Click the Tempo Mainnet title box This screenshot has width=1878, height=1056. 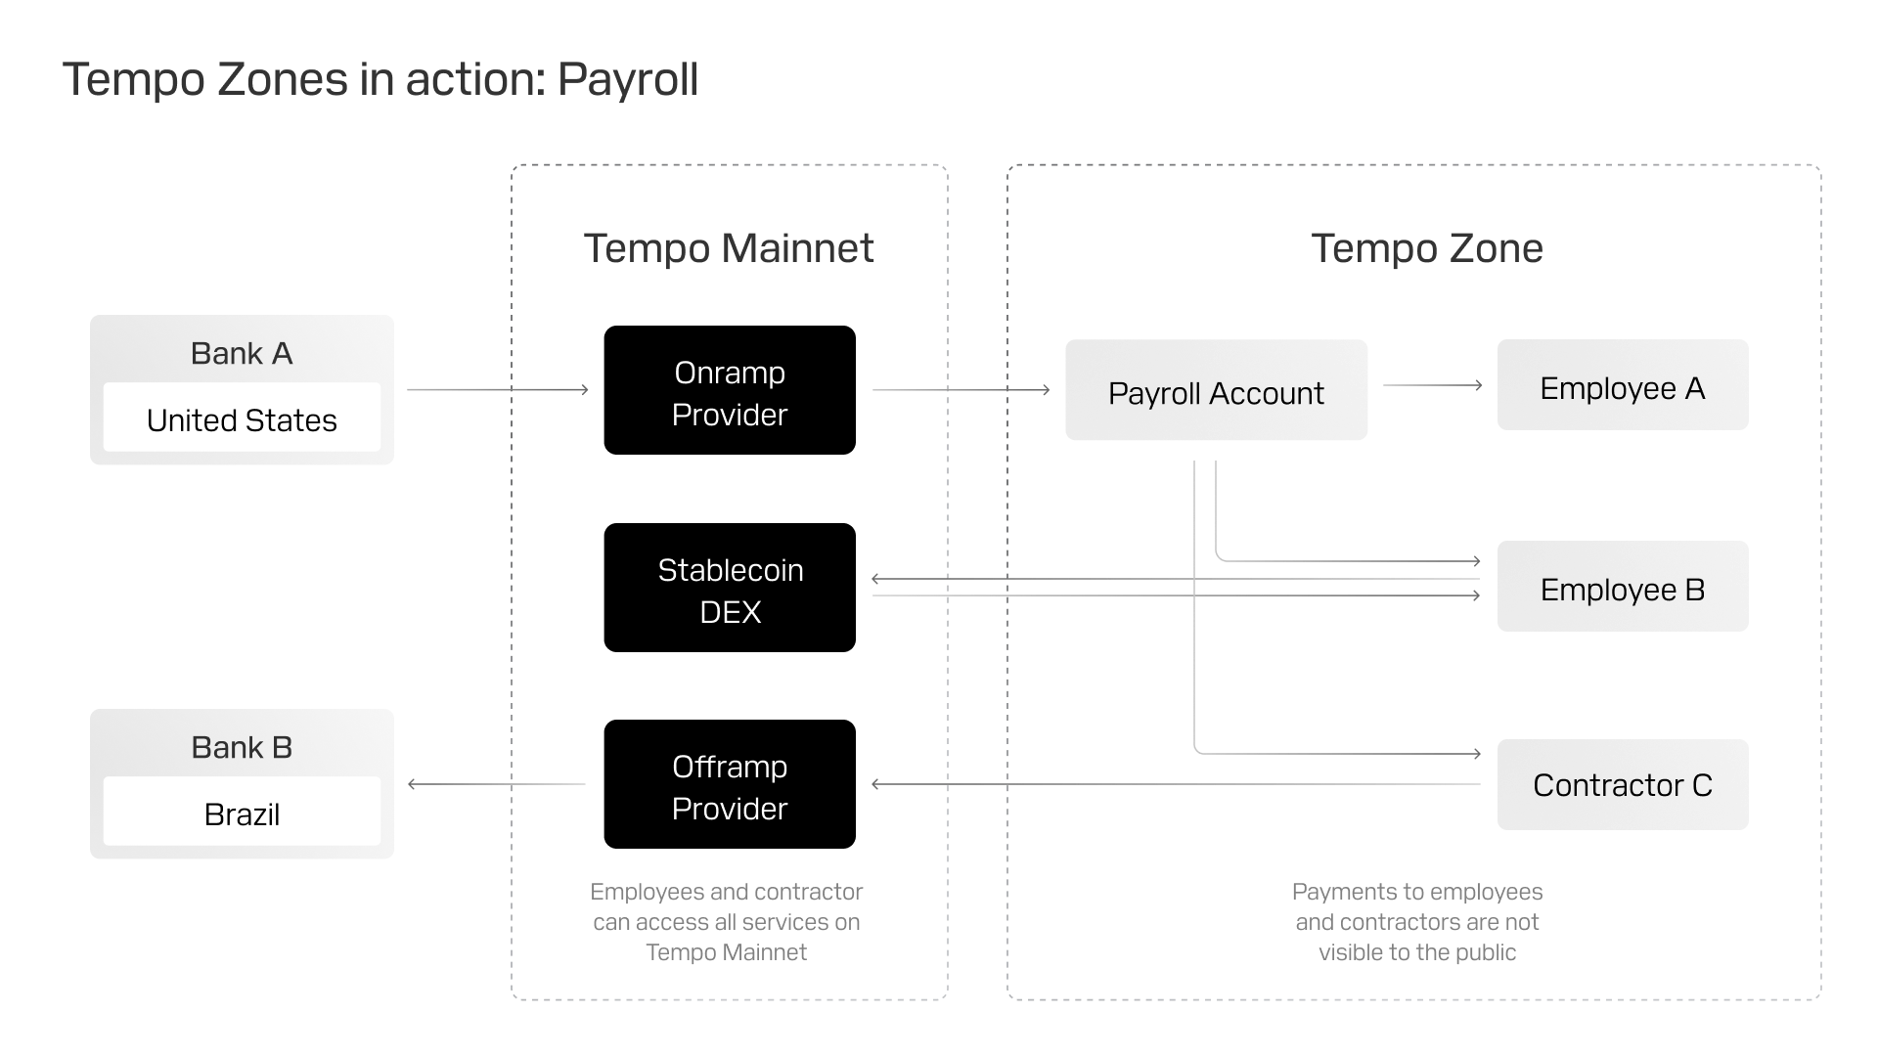tap(729, 244)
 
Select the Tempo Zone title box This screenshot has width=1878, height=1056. tap(1426, 244)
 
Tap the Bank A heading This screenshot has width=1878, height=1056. tap(242, 353)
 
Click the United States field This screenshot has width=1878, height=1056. tap(242, 419)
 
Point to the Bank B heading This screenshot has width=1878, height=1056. tap(242, 747)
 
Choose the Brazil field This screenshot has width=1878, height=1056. tap(242, 814)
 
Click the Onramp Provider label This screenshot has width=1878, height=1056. tap(730, 393)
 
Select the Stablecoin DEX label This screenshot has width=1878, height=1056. tap(730, 591)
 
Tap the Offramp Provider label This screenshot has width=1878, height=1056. tap(730, 787)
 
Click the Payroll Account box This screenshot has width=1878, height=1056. tap(1216, 391)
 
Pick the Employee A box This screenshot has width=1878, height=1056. tap(1622, 386)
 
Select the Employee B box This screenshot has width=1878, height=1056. tap(1622, 587)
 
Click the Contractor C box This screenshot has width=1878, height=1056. tap(1622, 784)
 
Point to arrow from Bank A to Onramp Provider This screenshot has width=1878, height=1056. tap(497, 389)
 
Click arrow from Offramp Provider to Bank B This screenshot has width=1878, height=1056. tap(497, 783)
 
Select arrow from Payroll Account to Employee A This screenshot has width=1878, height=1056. tap(1432, 385)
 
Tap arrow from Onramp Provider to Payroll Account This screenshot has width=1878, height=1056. tap(961, 389)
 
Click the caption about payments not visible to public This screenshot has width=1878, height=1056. tap(1416, 921)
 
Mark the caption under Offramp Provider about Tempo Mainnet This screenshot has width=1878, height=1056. tap(726, 921)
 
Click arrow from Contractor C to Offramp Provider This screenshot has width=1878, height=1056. tap(1174, 783)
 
